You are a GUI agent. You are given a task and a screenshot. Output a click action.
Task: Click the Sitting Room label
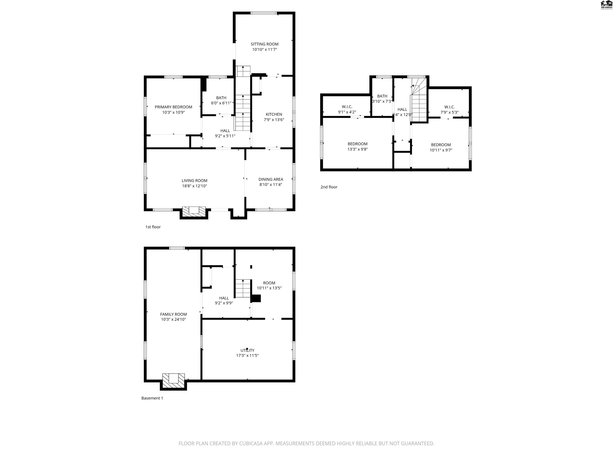point(264,44)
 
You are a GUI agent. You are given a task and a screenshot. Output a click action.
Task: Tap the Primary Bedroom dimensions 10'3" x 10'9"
point(173,112)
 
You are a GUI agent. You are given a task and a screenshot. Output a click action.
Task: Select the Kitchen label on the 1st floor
point(274,114)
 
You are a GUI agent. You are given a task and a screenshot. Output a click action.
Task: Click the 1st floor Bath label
point(221,98)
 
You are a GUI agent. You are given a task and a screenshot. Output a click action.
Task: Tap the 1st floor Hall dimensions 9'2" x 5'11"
point(225,136)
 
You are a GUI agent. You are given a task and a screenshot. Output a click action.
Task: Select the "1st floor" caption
point(153,227)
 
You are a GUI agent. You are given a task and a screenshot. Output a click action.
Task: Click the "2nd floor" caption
point(329,187)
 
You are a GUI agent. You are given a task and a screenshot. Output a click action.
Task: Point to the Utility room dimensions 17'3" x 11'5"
point(247,356)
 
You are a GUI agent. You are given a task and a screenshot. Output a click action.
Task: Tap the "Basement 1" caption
point(152,398)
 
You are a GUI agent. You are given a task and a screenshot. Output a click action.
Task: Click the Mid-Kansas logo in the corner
point(606,5)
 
